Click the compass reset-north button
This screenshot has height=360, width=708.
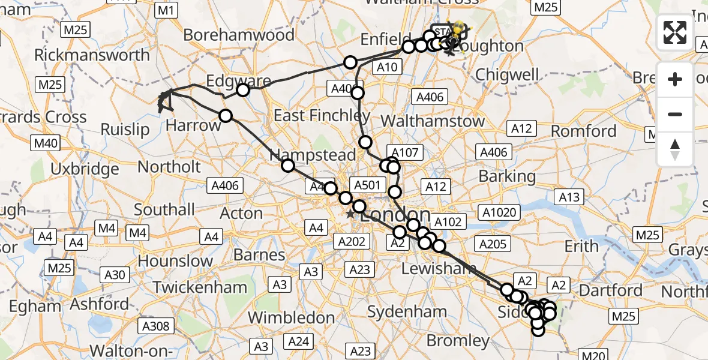pyautogui.click(x=675, y=149)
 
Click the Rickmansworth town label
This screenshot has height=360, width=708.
pyautogui.click(x=92, y=55)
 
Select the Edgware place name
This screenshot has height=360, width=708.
pyautogui.click(x=230, y=81)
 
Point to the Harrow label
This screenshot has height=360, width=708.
pyautogui.click(x=194, y=125)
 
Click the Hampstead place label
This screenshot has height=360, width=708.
pyautogui.click(x=313, y=155)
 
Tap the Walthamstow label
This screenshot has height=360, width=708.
pyautogui.click(x=432, y=121)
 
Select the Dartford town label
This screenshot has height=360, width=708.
pyautogui.click(x=610, y=291)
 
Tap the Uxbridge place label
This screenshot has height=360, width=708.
pyautogui.click(x=85, y=169)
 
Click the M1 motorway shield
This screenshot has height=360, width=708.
pyautogui.click(x=166, y=10)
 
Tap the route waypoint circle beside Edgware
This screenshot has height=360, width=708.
pyautogui.click(x=243, y=91)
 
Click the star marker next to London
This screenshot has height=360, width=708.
pyautogui.click(x=350, y=214)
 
